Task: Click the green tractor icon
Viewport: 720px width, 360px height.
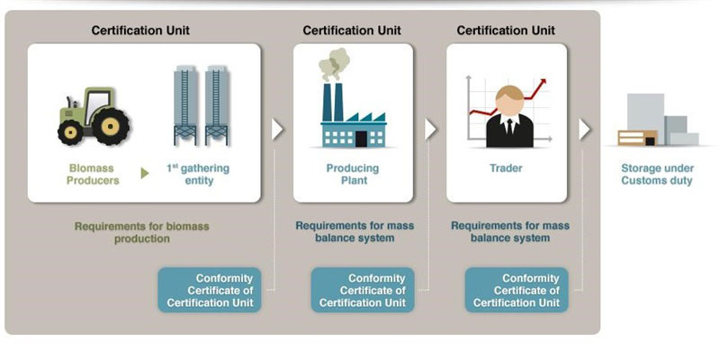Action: [94, 116]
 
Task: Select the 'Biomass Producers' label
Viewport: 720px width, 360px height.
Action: [94, 174]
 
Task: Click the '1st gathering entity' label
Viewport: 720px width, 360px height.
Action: [198, 174]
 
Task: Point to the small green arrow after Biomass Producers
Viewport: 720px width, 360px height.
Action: [145, 173]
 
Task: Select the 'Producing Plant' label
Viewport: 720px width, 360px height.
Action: [352, 174]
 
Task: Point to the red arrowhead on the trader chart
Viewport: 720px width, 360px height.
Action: [544, 85]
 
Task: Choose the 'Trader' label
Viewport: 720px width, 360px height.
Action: [506, 168]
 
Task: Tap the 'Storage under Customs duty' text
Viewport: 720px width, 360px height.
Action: [657, 174]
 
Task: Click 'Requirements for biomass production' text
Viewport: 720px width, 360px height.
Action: [141, 232]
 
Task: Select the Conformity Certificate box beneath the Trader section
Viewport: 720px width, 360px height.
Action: [517, 291]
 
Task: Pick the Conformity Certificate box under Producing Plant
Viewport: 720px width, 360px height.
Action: [364, 291]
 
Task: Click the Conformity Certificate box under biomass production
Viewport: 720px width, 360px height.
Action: [211, 291]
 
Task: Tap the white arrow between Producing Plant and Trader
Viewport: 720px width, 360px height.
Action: [430, 129]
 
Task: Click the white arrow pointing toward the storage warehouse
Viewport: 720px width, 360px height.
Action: [585, 129]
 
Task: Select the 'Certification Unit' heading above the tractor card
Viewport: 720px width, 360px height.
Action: [140, 31]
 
